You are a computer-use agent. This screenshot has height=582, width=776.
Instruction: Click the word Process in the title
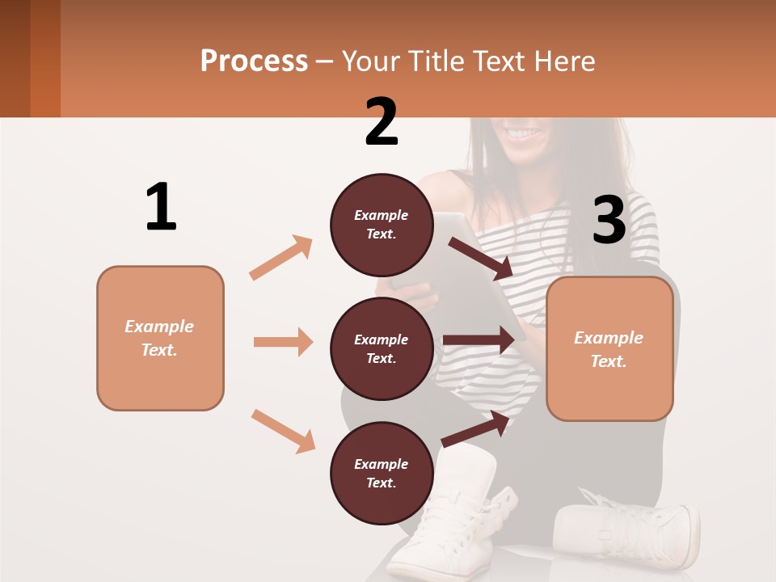click(x=254, y=61)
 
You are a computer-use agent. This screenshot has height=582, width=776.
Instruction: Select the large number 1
click(x=161, y=207)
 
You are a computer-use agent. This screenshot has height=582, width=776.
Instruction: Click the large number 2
click(x=382, y=122)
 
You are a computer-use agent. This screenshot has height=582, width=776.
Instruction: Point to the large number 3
click(x=609, y=220)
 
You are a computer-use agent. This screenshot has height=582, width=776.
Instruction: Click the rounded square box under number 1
click(x=160, y=338)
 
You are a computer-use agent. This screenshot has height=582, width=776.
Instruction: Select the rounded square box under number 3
click(x=609, y=348)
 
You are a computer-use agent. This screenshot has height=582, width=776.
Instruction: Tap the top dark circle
click(x=382, y=225)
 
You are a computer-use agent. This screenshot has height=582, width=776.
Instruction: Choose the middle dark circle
click(x=382, y=348)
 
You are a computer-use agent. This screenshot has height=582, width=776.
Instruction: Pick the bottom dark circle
click(x=382, y=473)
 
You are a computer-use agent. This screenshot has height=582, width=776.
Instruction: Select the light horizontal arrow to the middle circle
click(x=283, y=342)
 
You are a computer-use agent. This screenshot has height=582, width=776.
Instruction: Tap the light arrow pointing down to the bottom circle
click(x=283, y=431)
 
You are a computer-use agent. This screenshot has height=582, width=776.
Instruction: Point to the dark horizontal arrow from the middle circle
click(x=479, y=340)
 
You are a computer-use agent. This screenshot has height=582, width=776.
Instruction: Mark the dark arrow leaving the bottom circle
click(x=475, y=428)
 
